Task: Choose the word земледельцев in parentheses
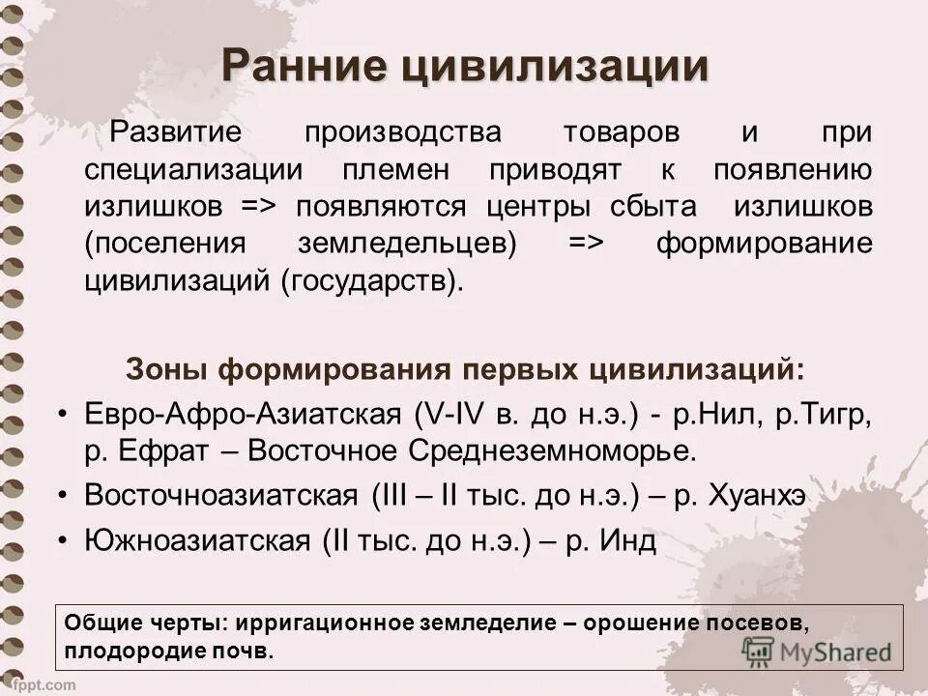[x=406, y=244]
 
